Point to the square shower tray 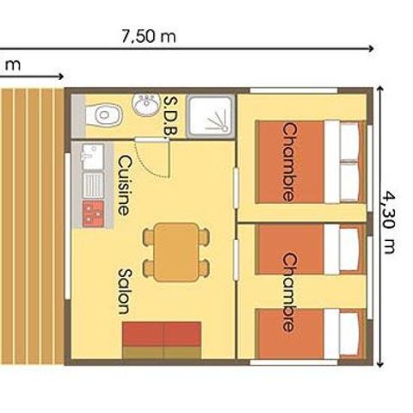(210, 114)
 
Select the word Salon (124, 291)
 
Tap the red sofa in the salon (162, 339)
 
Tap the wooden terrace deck (31, 224)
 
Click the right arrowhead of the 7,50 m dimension (372, 49)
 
